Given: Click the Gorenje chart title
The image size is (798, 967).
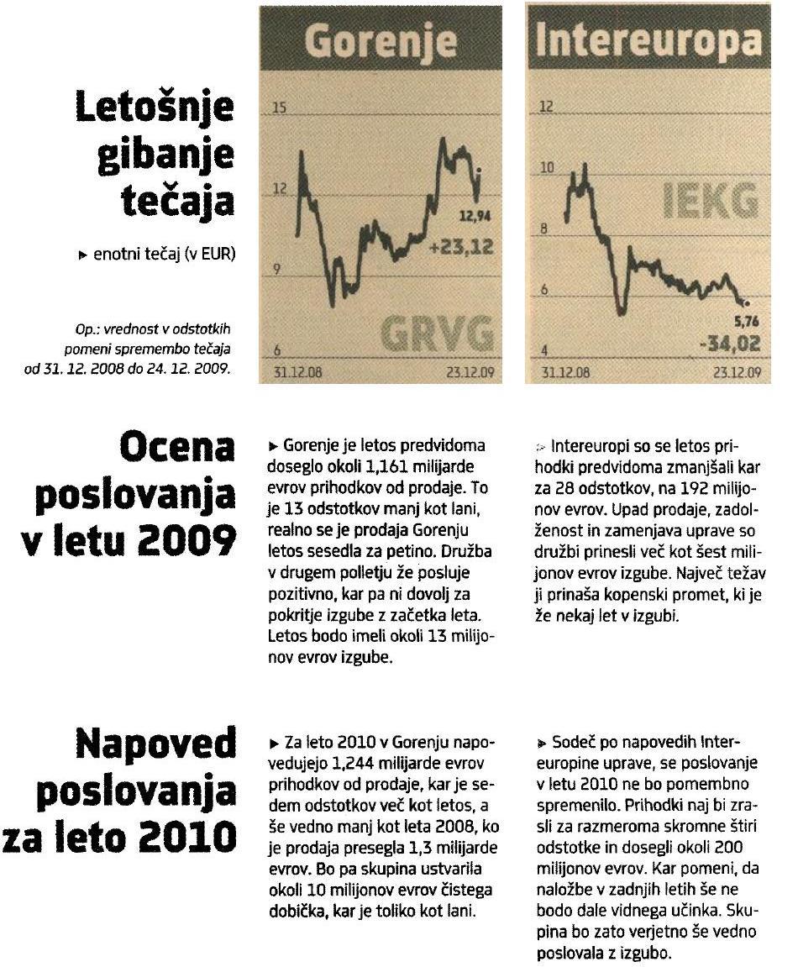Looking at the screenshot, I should [x=381, y=40].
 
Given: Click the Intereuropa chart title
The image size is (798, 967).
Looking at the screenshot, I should [x=648, y=40].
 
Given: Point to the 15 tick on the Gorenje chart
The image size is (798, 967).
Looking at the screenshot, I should [x=280, y=108].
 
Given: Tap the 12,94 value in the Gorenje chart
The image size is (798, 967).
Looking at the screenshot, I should [x=475, y=218].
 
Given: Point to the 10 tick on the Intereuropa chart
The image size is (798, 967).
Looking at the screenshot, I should [x=548, y=168].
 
